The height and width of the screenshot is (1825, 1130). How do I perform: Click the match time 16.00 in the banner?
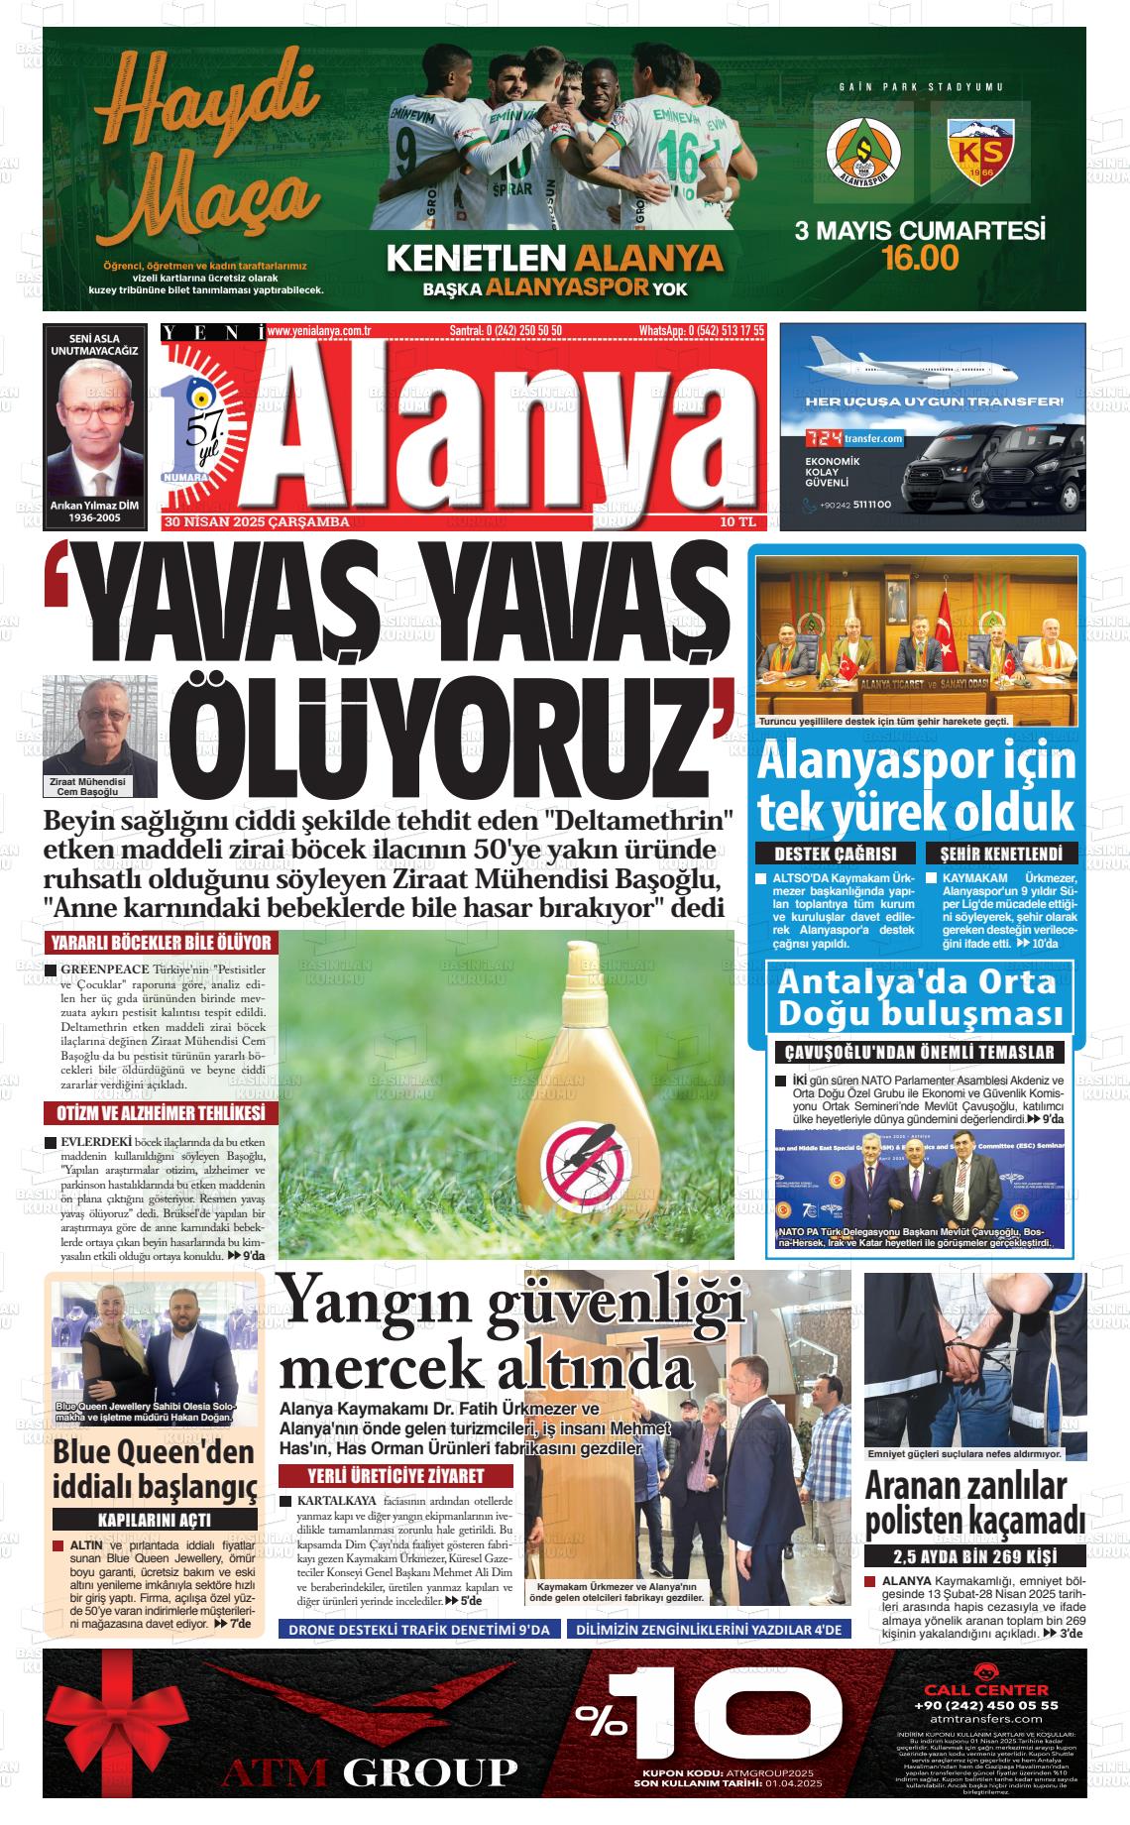[x=921, y=259]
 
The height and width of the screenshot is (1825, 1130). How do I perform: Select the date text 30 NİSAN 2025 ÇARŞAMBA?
[x=258, y=521]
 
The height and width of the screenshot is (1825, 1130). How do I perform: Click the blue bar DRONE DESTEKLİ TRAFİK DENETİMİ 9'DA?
[x=420, y=1629]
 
